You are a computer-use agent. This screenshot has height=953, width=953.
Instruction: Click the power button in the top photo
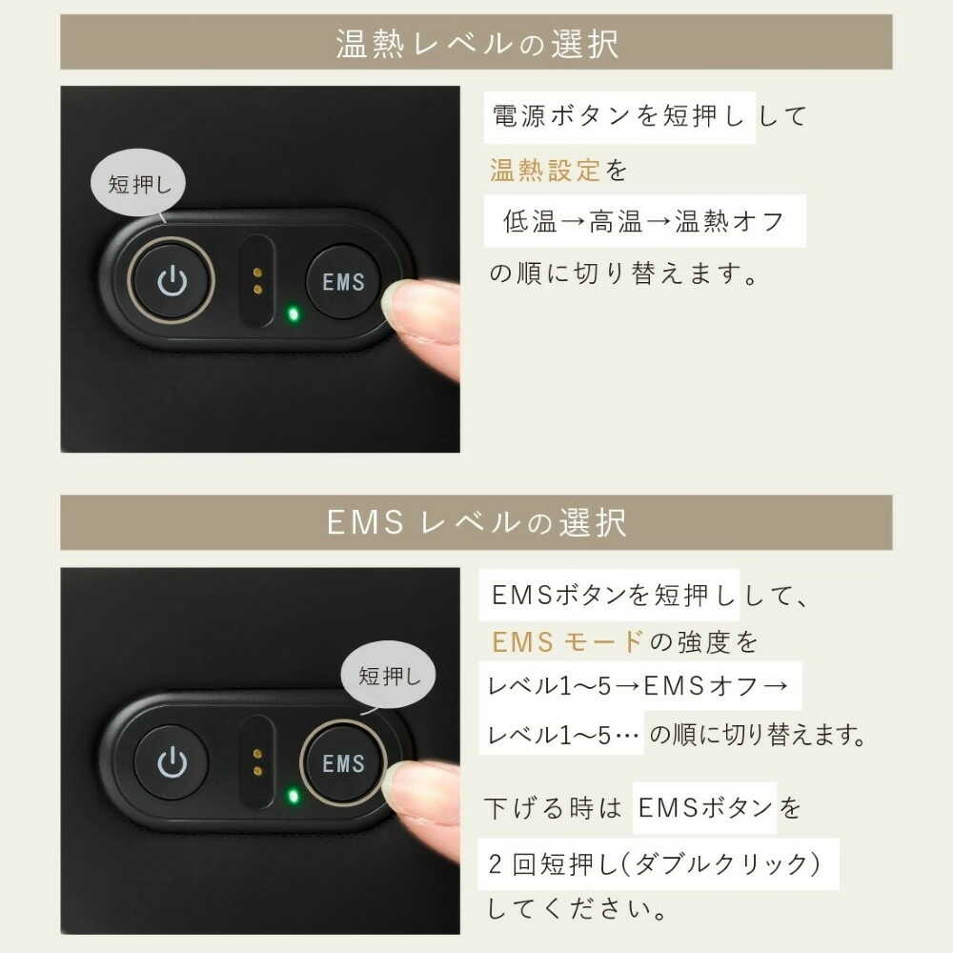(171, 280)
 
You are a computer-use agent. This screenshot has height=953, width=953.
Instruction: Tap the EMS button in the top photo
(343, 281)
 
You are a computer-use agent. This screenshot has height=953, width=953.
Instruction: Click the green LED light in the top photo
(293, 314)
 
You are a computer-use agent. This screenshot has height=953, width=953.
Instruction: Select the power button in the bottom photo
(171, 762)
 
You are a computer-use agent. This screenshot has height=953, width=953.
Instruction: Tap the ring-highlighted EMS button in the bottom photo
(343, 763)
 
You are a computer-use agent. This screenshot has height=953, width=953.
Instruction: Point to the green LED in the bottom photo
(293, 796)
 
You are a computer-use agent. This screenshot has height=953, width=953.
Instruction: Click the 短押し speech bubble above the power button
(138, 183)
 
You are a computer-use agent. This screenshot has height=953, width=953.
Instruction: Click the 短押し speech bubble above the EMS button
(389, 676)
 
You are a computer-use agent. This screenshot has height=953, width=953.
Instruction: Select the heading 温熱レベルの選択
(477, 44)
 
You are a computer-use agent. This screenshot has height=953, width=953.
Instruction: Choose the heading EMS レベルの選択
(477, 522)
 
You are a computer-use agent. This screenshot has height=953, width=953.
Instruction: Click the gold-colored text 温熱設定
(545, 171)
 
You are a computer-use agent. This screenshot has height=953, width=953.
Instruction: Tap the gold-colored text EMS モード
(568, 641)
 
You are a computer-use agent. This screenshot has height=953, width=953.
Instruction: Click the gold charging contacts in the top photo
(257, 281)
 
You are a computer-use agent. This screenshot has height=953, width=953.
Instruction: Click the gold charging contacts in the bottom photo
(257, 762)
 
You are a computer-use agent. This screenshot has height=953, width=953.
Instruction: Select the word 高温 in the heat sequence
(616, 221)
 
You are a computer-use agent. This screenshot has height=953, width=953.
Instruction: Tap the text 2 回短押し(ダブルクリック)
(655, 863)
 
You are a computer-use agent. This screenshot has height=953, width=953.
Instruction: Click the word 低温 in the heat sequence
(530, 221)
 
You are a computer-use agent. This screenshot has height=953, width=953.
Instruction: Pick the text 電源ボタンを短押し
(618, 116)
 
